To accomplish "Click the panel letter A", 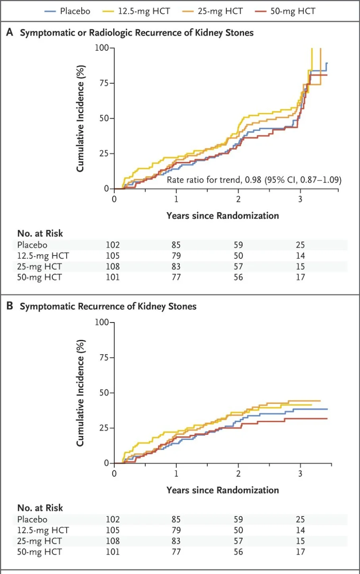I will coord(10,33).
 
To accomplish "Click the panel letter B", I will coord(10,306).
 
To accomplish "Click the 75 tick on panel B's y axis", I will coord(104,358).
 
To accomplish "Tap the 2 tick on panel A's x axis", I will coord(238,199).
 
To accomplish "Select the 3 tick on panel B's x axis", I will coord(300,473).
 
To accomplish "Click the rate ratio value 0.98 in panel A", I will coord(253,180).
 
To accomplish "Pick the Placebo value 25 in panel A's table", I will coord(300,245).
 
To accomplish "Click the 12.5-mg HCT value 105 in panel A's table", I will coord(113,256).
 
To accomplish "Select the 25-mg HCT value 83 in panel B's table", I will coord(176,541).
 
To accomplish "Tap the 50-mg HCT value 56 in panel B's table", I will coord(238,552).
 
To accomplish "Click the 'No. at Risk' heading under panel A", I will coord(40,233).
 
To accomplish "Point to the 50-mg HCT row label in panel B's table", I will coord(39,552).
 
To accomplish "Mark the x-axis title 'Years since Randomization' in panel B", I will coord(223,490).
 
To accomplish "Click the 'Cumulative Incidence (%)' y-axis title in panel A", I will coord(80,118).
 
